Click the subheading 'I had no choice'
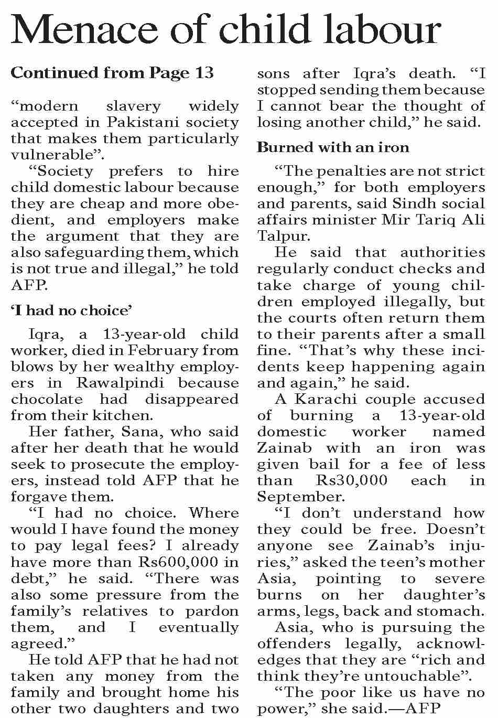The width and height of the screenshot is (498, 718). tap(71, 310)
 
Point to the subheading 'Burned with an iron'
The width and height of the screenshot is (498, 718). tap(333, 147)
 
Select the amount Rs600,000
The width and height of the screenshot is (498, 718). tap(178, 562)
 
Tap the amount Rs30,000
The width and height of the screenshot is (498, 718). tap(352, 480)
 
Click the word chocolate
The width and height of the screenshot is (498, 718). tap(47, 399)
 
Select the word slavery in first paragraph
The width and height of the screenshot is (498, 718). tap(133, 106)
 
